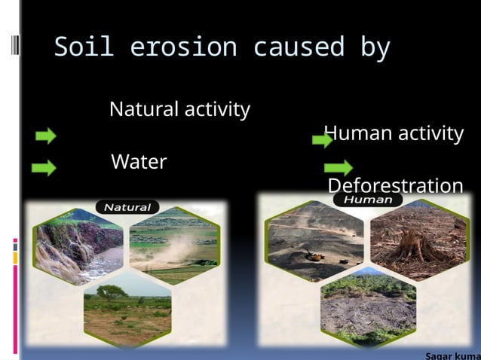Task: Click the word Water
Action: point(139,162)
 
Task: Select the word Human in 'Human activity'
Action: point(357,134)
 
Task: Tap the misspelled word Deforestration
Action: point(395,186)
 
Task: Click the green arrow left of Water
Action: point(44,168)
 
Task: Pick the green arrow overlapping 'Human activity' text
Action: point(323,140)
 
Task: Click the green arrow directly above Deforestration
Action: point(339,167)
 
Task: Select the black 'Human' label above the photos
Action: point(368,200)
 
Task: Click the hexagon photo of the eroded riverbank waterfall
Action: point(78,246)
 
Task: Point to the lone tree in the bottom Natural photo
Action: point(111,292)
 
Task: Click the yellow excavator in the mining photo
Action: point(315,256)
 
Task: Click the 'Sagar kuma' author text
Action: point(452,355)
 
